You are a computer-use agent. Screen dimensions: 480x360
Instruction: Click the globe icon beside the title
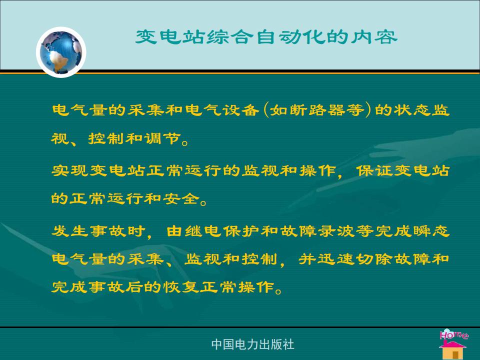pyautogui.click(x=61, y=52)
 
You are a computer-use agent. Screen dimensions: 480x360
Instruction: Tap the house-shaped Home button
pyautogui.click(x=453, y=344)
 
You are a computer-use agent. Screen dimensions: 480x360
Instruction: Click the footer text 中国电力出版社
pyautogui.click(x=252, y=344)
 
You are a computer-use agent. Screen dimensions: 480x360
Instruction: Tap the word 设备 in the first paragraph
pyautogui.click(x=240, y=110)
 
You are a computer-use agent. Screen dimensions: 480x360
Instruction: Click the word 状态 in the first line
pyautogui.click(x=412, y=110)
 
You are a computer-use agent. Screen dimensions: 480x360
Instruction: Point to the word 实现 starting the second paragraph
pyautogui.click(x=70, y=170)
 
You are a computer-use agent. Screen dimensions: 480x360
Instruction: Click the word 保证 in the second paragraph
pyautogui.click(x=374, y=170)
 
